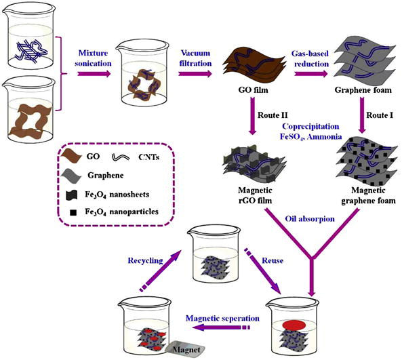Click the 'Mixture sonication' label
coord(93,58)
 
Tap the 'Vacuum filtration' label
coord(195,58)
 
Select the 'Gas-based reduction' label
coord(310,59)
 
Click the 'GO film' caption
coord(253,90)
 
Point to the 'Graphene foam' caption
coord(363,90)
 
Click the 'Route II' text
coord(273,115)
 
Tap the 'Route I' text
coord(380,115)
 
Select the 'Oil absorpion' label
coord(310,219)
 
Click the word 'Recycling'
coord(145,261)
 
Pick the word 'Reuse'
coord(273,261)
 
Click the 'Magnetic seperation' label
coord(222,319)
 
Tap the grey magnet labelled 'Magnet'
coord(186,349)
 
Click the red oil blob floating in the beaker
coord(294,325)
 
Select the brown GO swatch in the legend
coord(71,157)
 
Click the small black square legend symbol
coord(73,213)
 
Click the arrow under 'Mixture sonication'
coord(94,74)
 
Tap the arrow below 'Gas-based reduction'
coord(311,74)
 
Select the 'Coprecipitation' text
coord(310,126)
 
